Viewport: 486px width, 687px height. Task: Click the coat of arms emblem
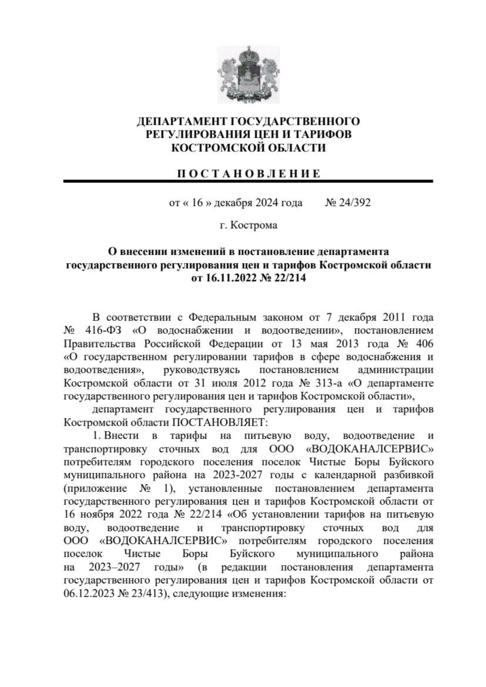click(248, 75)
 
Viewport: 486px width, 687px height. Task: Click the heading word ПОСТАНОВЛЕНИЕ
click(248, 174)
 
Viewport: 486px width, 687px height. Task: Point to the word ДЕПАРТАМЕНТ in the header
click(182, 121)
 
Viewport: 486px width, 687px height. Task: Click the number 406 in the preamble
click(424, 343)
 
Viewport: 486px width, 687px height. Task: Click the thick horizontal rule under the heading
click(248, 181)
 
